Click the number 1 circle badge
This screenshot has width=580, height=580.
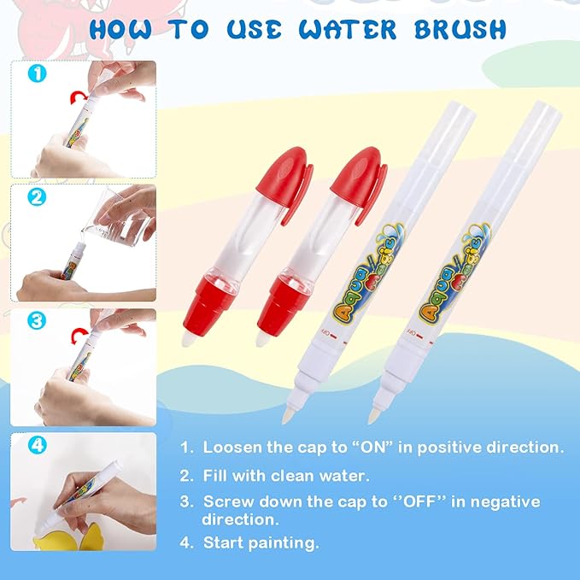point(38,73)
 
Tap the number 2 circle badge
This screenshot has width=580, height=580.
point(37,196)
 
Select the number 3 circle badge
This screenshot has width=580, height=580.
point(37,320)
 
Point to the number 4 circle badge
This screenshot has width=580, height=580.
point(38,445)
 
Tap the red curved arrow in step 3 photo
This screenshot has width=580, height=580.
point(79,337)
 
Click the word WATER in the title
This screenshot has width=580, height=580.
point(348,29)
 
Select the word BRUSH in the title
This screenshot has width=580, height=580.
point(460,29)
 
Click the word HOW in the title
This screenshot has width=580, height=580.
point(120,29)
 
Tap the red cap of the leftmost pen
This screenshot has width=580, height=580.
point(284,184)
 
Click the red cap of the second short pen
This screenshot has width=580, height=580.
point(359,184)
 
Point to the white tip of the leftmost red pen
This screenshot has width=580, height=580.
point(188,338)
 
